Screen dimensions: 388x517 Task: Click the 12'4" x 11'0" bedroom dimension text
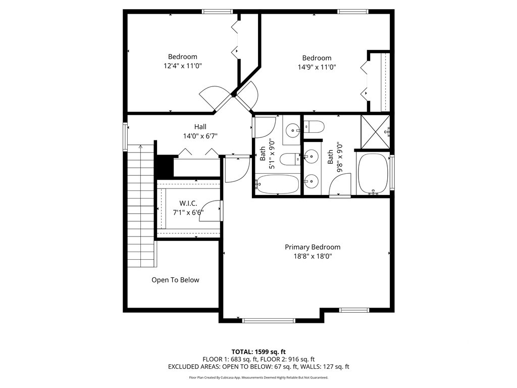click(x=182, y=66)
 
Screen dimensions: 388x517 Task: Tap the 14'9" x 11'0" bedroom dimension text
click(x=317, y=67)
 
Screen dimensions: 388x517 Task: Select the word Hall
click(x=200, y=127)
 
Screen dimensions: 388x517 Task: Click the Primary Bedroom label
click(x=312, y=247)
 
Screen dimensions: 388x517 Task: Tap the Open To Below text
click(x=175, y=280)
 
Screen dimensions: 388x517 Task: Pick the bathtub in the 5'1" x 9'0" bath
click(x=277, y=184)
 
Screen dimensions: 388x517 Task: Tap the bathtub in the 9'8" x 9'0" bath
click(x=373, y=173)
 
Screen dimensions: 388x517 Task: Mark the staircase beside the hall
click(x=140, y=205)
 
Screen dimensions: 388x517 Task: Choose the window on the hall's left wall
click(x=126, y=136)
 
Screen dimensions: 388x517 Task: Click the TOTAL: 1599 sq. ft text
click(x=258, y=352)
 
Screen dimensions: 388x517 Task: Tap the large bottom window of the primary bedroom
click(x=269, y=320)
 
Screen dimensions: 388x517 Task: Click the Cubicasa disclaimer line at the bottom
click(x=258, y=377)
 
